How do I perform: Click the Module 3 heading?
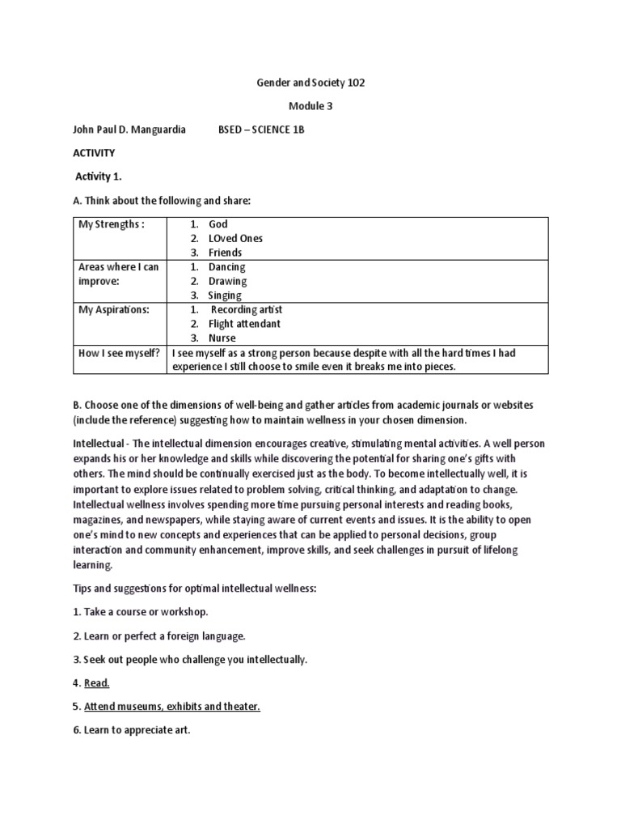click(x=310, y=106)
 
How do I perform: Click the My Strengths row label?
click(x=111, y=224)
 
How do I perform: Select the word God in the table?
click(x=218, y=224)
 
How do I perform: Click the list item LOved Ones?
click(x=235, y=239)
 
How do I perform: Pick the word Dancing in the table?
click(x=226, y=267)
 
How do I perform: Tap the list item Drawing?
click(x=227, y=282)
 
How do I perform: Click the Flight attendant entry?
click(x=244, y=324)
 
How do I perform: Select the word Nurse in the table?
click(x=222, y=338)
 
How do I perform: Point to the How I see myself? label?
click(x=118, y=353)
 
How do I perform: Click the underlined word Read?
click(x=96, y=683)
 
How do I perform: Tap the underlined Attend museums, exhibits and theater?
click(x=171, y=707)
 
